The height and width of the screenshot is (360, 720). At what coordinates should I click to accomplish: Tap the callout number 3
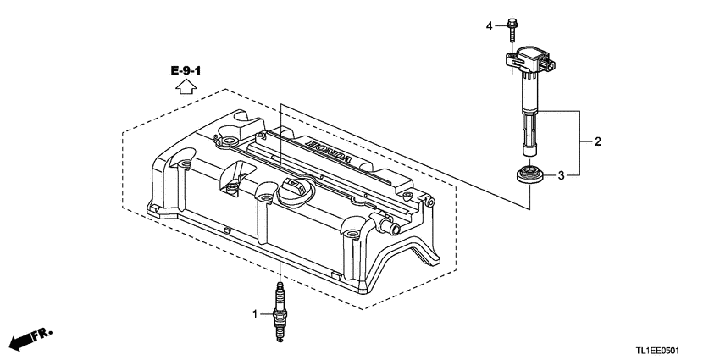click(560, 175)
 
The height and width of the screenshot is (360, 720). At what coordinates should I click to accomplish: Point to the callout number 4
click(489, 26)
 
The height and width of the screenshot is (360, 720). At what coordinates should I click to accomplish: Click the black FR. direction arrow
click(22, 341)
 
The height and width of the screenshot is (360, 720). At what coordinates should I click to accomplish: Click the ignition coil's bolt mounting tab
click(510, 57)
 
